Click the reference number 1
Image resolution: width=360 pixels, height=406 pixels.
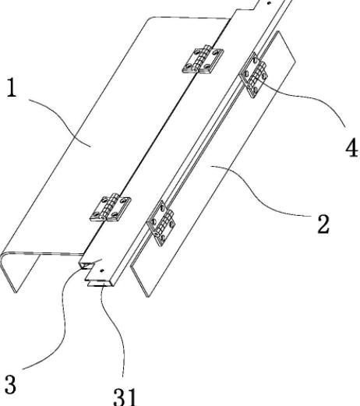click(11, 88)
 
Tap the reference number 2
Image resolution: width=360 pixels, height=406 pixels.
click(323, 224)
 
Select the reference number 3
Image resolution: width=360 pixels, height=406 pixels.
click(10, 384)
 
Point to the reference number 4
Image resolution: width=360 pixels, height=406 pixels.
click(351, 149)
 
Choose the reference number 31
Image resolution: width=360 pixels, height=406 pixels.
click(125, 397)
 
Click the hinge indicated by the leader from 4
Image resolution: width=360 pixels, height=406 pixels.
click(253, 75)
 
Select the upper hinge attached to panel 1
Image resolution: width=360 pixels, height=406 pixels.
click(203, 59)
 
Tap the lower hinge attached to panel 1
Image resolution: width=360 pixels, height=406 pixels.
click(110, 207)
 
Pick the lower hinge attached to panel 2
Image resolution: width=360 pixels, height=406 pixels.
click(161, 224)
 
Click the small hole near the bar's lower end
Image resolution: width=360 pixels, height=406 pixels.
click(102, 270)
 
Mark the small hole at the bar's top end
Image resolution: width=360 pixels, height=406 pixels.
click(269, 3)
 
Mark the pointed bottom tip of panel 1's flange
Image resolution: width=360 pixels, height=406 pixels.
click(16, 293)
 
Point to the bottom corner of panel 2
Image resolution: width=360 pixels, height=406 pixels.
click(148, 297)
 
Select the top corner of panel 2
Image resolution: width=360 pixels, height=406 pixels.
click(278, 31)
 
